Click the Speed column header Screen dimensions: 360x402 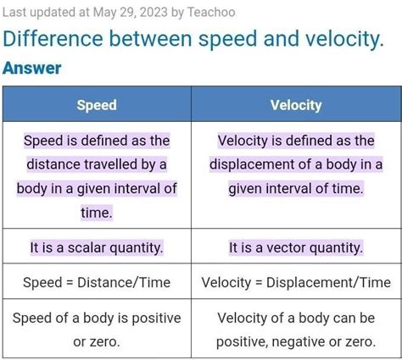point(97,105)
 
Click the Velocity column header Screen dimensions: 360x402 point(296,105)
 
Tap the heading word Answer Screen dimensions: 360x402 point(32,69)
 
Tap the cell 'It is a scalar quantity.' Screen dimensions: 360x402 point(97,248)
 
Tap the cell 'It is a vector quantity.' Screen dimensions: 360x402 point(296,248)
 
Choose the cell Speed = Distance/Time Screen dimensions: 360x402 point(97,282)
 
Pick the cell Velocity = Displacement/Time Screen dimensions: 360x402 point(296,282)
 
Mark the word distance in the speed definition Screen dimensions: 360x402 point(54,164)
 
